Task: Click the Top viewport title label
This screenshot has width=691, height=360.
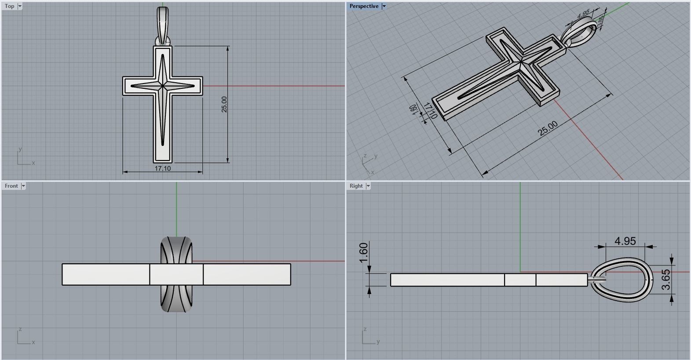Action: point(9,6)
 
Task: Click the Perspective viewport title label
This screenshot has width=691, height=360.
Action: point(364,6)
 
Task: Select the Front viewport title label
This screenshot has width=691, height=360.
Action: point(11,186)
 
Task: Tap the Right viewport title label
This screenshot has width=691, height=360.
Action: point(356,186)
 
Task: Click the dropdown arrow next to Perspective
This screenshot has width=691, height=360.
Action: point(384,6)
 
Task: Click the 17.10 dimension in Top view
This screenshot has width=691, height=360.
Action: point(162,168)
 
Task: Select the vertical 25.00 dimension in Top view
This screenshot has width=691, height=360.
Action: point(224,104)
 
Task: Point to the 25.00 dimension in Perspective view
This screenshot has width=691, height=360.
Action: point(548,128)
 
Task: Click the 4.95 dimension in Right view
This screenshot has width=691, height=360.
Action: point(625,241)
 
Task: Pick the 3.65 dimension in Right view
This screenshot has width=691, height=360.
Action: point(666,280)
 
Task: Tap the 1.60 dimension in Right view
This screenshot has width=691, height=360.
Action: point(364,253)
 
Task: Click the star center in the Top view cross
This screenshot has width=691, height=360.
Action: point(162,86)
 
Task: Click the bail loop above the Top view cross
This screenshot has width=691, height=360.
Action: point(162,24)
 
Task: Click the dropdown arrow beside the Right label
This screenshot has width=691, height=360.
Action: point(368,186)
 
